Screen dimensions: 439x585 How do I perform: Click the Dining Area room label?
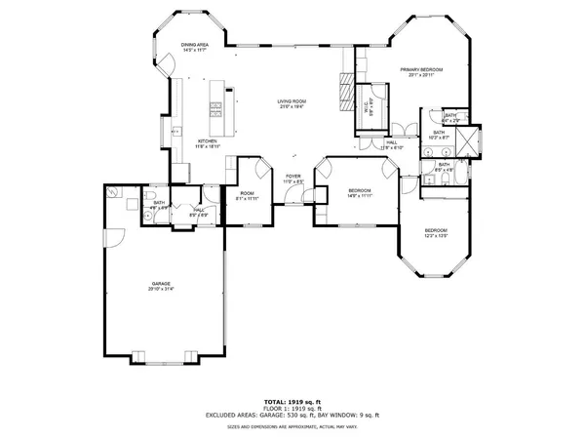(197, 44)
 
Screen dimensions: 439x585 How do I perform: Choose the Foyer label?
(292, 176)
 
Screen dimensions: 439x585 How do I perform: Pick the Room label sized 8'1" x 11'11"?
(248, 193)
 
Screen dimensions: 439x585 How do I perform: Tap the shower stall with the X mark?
(472, 144)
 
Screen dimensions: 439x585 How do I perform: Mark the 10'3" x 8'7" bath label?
(439, 135)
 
